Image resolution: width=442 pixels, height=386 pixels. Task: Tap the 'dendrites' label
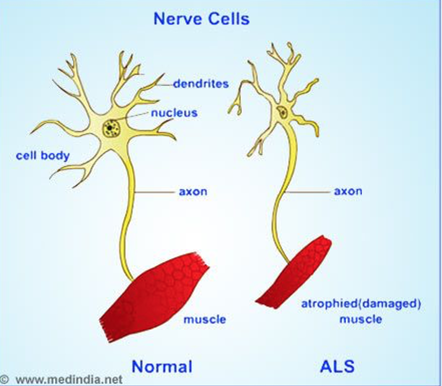[201, 83]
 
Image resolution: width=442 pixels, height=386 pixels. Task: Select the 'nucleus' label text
[174, 113]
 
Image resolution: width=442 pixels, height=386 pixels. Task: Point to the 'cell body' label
[43, 155]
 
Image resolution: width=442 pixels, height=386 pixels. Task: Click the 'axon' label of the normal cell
[193, 191]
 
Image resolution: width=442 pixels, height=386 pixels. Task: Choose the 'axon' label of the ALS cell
[348, 191]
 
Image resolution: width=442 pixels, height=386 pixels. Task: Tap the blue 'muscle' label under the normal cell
[204, 319]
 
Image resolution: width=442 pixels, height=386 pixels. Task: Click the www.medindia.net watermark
[68, 379]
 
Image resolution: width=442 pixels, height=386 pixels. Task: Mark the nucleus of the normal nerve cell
[111, 127]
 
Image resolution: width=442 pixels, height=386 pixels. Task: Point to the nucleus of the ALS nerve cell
[282, 113]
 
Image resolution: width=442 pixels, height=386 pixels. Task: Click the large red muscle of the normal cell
[155, 291]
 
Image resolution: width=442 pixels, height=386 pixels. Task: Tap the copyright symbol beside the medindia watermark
[4, 379]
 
